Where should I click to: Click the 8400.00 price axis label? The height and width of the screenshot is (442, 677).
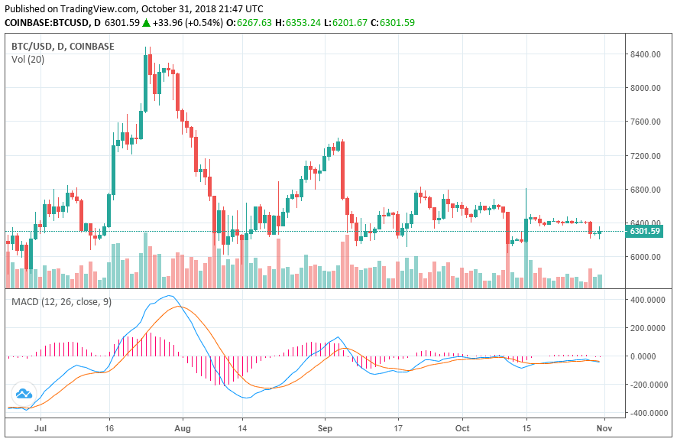tap(645, 54)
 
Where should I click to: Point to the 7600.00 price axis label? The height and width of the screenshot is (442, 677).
tap(645, 122)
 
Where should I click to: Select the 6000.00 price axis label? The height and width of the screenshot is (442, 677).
tap(645, 257)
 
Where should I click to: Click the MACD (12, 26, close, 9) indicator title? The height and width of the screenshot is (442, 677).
tap(61, 302)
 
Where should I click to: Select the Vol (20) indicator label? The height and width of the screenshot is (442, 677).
tap(28, 60)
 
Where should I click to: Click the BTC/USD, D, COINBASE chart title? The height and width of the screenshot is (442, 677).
tap(63, 46)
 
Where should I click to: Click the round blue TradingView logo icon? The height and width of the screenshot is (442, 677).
tap(24, 395)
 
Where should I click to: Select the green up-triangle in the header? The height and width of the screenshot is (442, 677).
tap(146, 23)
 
